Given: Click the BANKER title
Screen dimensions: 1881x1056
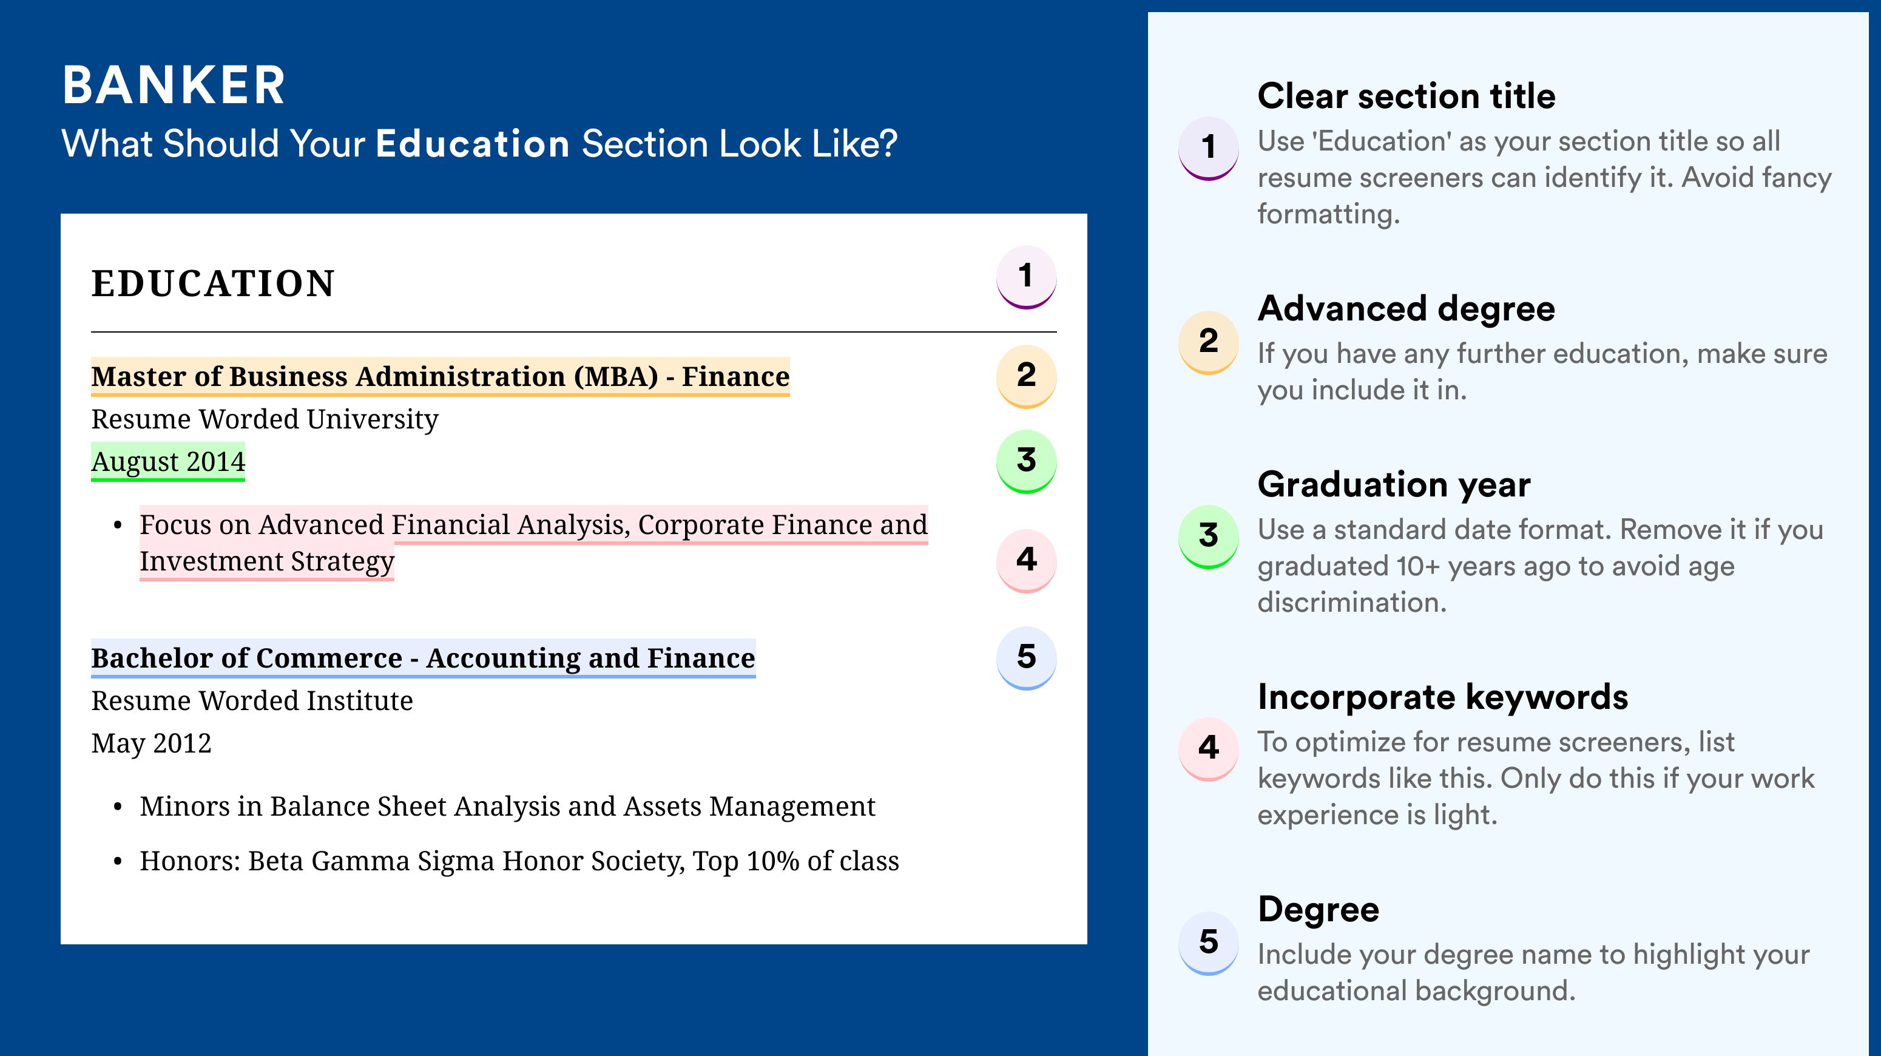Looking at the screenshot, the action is point(174,86).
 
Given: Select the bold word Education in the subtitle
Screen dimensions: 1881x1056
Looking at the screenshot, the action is point(473,143).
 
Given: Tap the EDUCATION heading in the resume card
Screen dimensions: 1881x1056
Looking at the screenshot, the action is point(212,283).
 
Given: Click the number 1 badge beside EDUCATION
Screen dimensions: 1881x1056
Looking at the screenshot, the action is point(1026,277).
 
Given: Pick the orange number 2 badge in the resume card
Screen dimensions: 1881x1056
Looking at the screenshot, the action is point(1026,376).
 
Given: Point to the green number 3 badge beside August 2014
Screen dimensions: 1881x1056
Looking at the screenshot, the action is point(1026,461).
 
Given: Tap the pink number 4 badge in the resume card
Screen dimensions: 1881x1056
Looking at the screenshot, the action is point(1026,560).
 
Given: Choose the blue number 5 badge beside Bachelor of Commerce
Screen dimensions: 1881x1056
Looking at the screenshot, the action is point(1026,657).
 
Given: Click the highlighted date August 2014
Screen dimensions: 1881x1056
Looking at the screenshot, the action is point(168,461).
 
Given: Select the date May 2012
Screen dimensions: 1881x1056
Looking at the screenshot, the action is point(151,743).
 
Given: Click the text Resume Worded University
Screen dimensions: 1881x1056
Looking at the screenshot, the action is point(265,419).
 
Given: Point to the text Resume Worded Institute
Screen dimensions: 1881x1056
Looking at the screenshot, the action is point(252,700).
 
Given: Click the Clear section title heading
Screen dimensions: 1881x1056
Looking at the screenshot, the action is point(1407,96).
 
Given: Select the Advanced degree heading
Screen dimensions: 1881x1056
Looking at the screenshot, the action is point(1407,309).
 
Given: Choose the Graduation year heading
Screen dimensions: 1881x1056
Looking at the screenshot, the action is point(1394,484).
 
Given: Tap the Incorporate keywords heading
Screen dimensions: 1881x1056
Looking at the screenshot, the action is point(1443,697).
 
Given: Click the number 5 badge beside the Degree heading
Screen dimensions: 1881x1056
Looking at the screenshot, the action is point(1209,943).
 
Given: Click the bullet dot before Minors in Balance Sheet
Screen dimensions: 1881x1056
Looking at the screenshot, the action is point(118,807).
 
